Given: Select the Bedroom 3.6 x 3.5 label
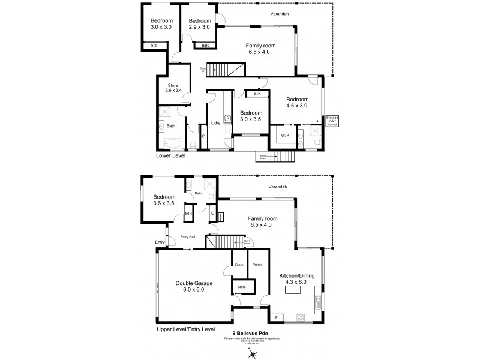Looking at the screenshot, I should (x=164, y=200).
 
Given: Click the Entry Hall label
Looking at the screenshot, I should (x=188, y=237).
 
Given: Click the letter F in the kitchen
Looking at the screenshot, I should (x=276, y=316).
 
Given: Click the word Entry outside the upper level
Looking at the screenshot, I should (x=160, y=242).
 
